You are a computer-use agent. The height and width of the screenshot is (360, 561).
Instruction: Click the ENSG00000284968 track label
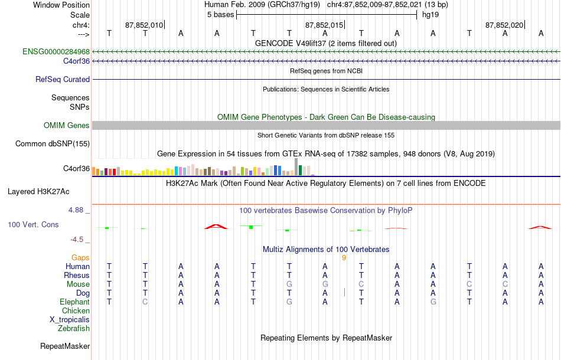click(x=56, y=51)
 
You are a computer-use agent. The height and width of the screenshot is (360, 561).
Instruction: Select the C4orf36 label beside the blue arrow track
click(x=77, y=61)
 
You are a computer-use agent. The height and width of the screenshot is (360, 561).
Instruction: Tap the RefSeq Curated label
click(x=63, y=79)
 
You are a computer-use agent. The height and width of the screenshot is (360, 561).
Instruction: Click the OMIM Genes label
click(x=67, y=125)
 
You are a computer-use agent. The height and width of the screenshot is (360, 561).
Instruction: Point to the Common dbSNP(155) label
click(x=53, y=144)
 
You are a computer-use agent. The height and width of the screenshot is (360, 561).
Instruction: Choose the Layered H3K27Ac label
click(x=38, y=192)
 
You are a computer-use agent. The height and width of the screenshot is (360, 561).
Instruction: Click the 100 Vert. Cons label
click(x=33, y=224)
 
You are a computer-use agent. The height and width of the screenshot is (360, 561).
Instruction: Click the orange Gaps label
click(x=80, y=257)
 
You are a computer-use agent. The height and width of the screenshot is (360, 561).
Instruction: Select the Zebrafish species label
click(x=74, y=328)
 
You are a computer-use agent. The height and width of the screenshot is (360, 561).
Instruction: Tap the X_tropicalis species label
click(x=70, y=320)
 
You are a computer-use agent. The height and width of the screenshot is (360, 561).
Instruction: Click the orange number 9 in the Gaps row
click(x=344, y=258)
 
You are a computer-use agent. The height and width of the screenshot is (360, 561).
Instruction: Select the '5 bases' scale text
click(x=220, y=15)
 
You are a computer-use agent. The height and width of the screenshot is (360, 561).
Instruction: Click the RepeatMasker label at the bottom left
click(x=65, y=346)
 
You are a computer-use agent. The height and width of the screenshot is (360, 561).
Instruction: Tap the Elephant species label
click(x=75, y=302)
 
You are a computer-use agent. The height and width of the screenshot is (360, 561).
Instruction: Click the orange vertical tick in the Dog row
click(x=344, y=293)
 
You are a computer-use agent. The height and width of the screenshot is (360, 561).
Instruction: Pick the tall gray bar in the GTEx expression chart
click(x=296, y=167)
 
